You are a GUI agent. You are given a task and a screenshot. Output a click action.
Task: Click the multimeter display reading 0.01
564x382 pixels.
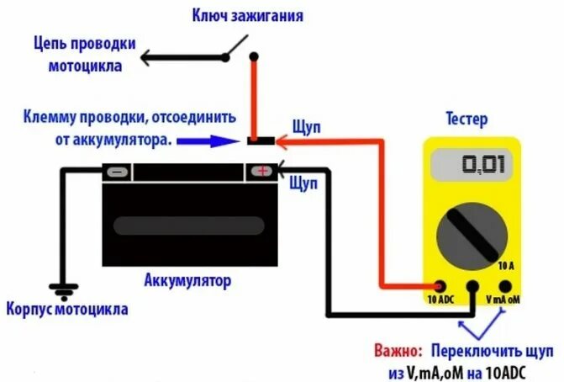coord(472,163)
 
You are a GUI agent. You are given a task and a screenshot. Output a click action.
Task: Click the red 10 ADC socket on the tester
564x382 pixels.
coord(440,286)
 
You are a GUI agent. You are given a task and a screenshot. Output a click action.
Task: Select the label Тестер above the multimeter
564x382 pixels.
coord(467,119)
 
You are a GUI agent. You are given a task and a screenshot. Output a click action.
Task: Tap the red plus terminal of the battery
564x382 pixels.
coord(261,172)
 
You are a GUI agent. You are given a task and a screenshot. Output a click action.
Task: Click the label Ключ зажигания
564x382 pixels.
coord(249,16)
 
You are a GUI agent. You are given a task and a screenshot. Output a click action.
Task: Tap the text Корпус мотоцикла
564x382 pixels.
coord(67,309)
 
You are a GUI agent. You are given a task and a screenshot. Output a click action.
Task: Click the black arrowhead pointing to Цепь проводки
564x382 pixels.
coord(146,58)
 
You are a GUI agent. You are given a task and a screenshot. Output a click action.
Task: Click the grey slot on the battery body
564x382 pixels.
coord(188,225)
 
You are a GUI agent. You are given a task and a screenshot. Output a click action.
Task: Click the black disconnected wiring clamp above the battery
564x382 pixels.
coord(264,141)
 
